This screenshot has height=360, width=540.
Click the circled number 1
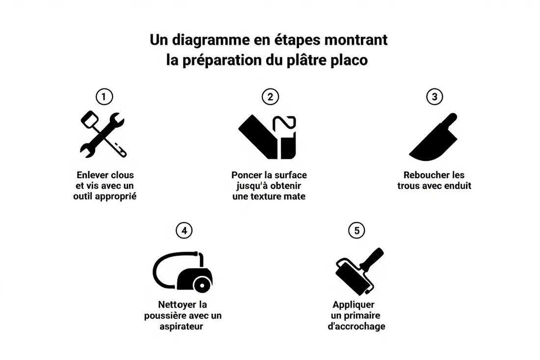(x=104, y=97)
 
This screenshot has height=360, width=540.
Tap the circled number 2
(x=270, y=97)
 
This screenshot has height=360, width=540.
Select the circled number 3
(x=434, y=97)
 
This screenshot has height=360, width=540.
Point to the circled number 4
(x=184, y=230)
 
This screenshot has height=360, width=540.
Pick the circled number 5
(x=356, y=230)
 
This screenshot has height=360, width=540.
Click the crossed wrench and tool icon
(x=103, y=135)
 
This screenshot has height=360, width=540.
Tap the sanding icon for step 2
(x=268, y=137)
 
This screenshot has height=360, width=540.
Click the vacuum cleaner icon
(x=183, y=272)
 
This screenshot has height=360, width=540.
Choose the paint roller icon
(x=358, y=272)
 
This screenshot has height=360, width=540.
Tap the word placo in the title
(x=349, y=61)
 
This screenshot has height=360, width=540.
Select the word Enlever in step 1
(x=92, y=175)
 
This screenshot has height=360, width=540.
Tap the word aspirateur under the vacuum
(x=181, y=326)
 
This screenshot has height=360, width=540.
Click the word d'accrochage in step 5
(x=356, y=326)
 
